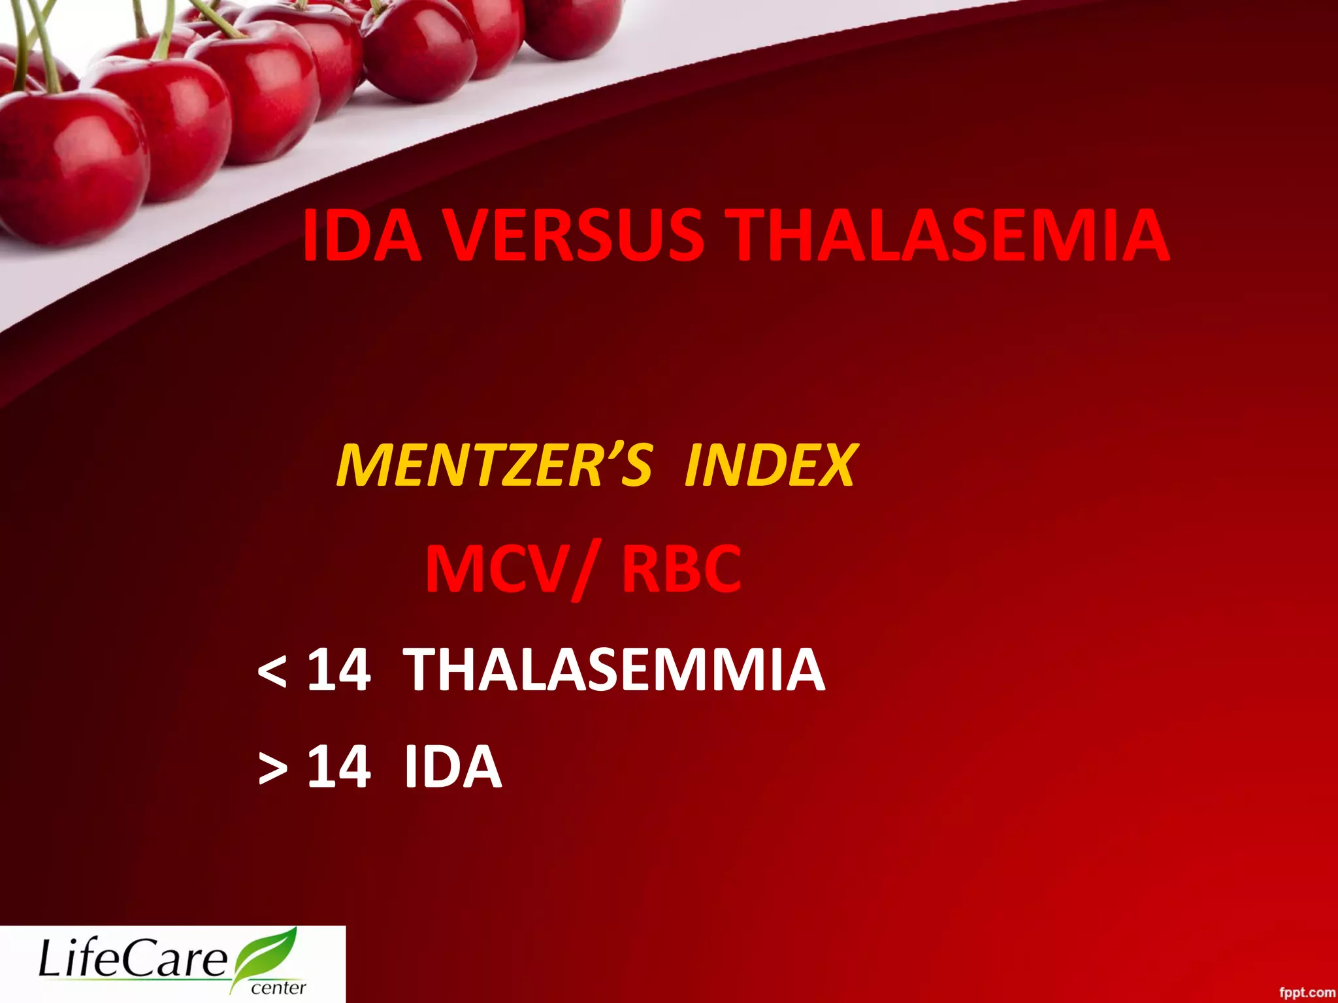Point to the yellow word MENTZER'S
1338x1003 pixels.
click(494, 465)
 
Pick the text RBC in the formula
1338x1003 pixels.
click(681, 569)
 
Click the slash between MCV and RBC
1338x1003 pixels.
click(583, 572)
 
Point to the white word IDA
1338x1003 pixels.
click(453, 767)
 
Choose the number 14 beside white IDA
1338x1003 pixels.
click(339, 767)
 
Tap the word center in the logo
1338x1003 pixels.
click(278, 987)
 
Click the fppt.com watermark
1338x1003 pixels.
click(1306, 993)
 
